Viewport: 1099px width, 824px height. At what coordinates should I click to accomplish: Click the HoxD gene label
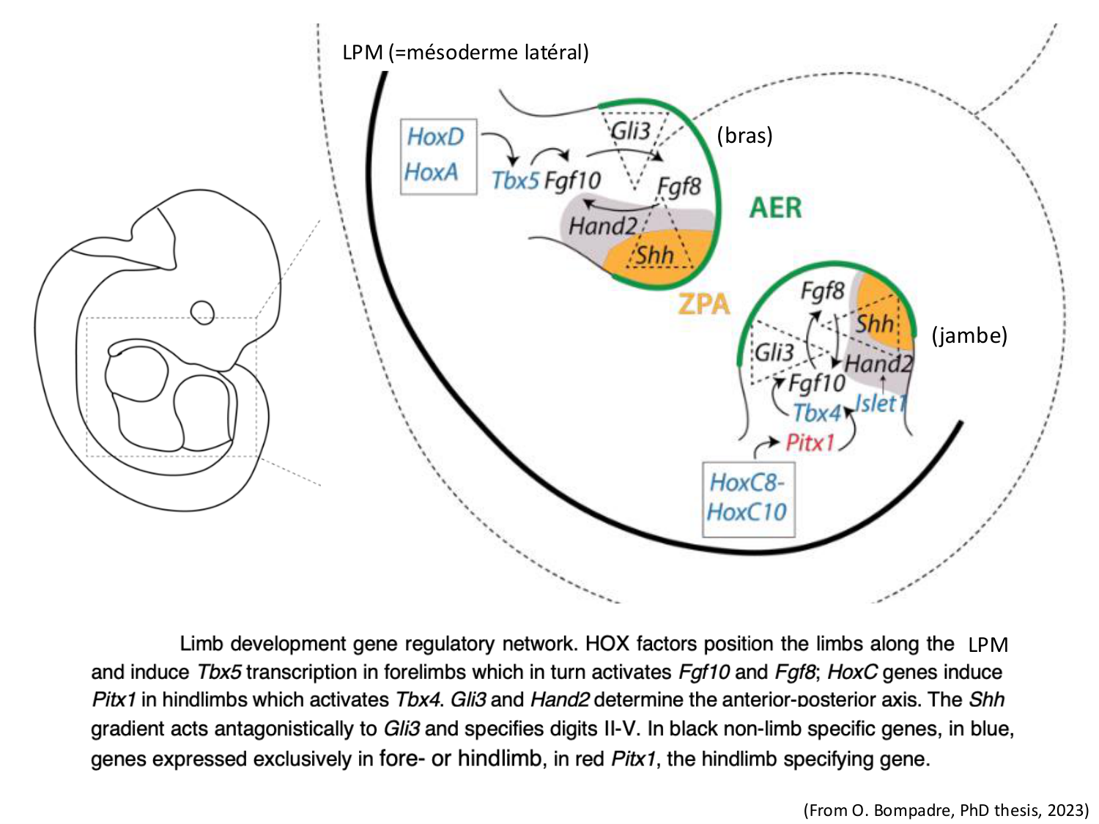tap(436, 137)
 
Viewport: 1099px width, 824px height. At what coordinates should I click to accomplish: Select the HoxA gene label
tap(432, 172)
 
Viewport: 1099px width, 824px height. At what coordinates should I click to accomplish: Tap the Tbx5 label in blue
tap(515, 180)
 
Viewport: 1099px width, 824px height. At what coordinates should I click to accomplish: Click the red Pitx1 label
tap(810, 442)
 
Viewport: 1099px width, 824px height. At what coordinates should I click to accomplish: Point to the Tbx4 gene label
tap(816, 413)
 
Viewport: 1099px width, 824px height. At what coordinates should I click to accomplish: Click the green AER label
tap(775, 208)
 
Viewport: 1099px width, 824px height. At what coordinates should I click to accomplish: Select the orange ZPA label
tap(704, 303)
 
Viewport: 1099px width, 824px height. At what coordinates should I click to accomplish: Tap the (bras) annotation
tap(744, 136)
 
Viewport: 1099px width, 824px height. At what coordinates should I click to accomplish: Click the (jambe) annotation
tap(969, 335)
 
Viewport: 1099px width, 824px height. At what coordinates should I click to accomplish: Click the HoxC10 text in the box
tap(747, 511)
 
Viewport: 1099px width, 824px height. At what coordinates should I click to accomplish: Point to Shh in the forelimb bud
tap(654, 256)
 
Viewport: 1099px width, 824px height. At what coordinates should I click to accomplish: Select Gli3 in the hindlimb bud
tap(774, 353)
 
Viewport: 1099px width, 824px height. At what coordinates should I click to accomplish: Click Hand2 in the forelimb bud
tap(602, 226)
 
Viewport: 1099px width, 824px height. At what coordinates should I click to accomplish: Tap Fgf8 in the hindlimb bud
tap(822, 291)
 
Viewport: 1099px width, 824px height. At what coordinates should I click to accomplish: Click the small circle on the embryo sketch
tap(202, 313)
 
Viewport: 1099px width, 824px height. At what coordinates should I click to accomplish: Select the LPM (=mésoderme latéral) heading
tap(465, 53)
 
